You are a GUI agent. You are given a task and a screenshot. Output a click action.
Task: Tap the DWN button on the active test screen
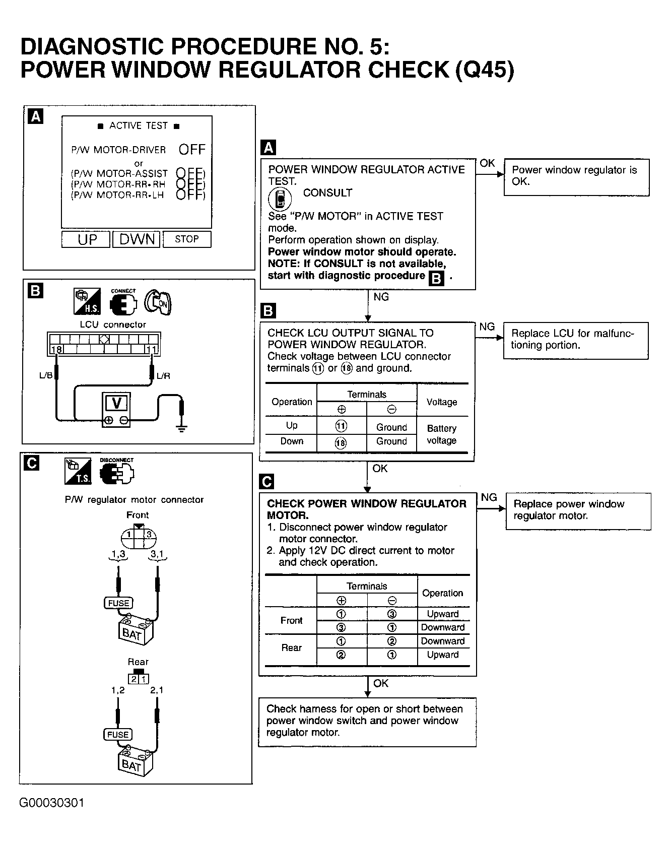point(136,239)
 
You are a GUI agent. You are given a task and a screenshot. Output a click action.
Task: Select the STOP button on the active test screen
point(187,239)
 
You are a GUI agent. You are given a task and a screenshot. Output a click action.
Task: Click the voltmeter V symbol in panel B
point(116,403)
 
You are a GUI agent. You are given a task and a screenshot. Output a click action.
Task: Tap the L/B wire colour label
point(46,375)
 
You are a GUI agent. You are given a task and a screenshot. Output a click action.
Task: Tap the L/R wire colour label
point(163,375)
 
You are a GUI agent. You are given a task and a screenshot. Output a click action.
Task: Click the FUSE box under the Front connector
point(118,603)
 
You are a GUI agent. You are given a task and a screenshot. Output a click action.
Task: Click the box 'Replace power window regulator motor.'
point(578,510)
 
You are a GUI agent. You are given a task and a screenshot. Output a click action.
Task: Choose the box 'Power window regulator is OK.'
point(576,176)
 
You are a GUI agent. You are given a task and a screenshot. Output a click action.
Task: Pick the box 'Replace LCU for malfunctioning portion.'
point(575,340)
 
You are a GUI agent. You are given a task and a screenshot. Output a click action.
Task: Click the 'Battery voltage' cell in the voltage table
point(442,434)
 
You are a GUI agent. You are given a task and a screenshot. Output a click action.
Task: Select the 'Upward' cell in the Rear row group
point(443,655)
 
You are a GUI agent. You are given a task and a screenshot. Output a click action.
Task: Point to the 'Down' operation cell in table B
point(292,441)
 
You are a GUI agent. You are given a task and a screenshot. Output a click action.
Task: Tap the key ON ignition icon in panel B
point(158,302)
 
